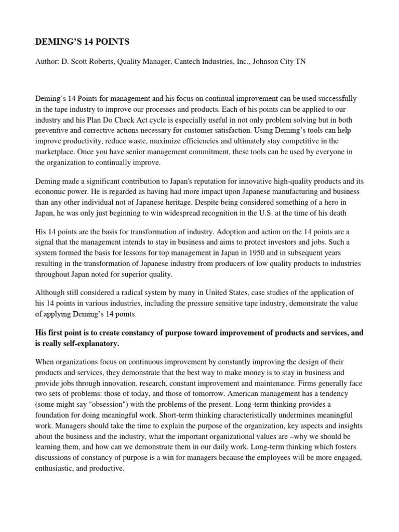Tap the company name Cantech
(194, 62)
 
